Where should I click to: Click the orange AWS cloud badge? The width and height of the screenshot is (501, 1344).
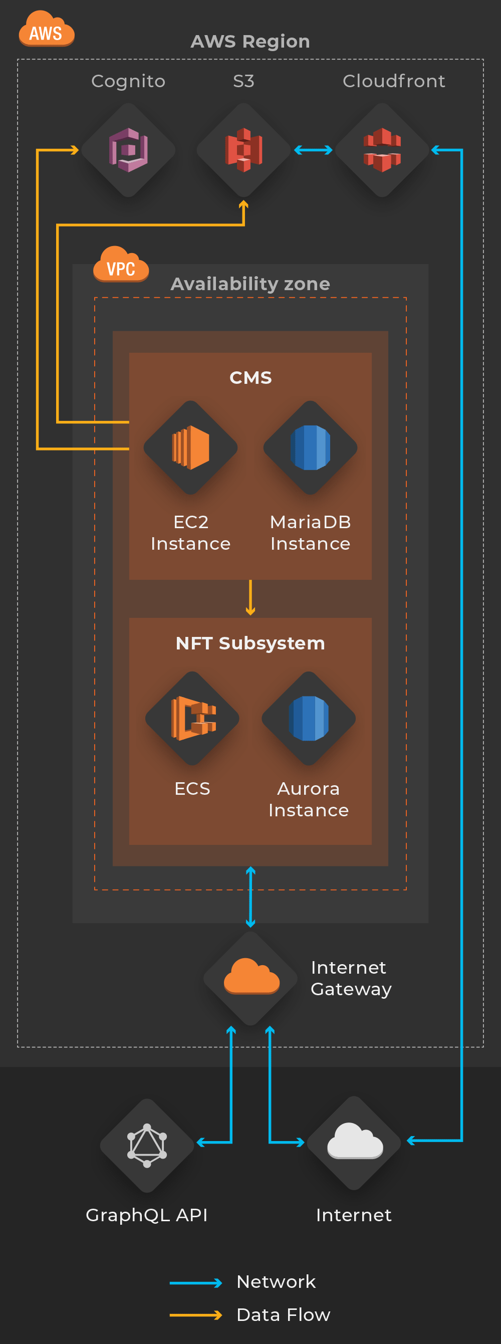click(x=47, y=30)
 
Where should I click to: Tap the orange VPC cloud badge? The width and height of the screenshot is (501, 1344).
click(x=121, y=265)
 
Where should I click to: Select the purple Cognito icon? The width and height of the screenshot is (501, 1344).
click(x=128, y=150)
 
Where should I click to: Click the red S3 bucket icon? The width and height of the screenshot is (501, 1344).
click(x=243, y=150)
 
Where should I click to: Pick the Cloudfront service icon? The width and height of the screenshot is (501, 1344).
click(x=382, y=150)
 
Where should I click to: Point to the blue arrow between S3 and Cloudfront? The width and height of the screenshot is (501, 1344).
click(x=313, y=150)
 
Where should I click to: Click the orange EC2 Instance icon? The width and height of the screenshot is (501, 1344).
click(x=190, y=447)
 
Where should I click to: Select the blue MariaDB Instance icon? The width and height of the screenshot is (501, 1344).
click(x=311, y=447)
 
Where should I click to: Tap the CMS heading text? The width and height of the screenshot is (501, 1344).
click(x=250, y=378)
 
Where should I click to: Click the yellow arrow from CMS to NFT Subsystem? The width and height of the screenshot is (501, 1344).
click(x=250, y=597)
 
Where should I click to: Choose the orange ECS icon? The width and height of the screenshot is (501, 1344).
click(x=192, y=719)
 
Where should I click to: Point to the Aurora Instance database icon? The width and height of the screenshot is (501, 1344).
click(x=309, y=719)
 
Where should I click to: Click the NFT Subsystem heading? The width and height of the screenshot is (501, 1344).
click(x=250, y=643)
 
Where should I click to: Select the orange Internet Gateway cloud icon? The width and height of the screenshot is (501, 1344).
click(x=252, y=977)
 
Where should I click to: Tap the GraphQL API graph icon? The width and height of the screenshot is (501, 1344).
click(x=147, y=1145)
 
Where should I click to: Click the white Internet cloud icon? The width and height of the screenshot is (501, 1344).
click(x=355, y=1141)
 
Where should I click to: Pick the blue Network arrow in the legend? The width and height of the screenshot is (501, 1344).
click(x=196, y=1283)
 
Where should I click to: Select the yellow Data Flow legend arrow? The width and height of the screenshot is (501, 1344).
click(x=196, y=1315)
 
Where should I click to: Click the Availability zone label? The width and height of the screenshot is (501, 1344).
click(x=250, y=284)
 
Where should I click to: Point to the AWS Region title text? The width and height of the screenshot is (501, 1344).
click(x=250, y=41)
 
